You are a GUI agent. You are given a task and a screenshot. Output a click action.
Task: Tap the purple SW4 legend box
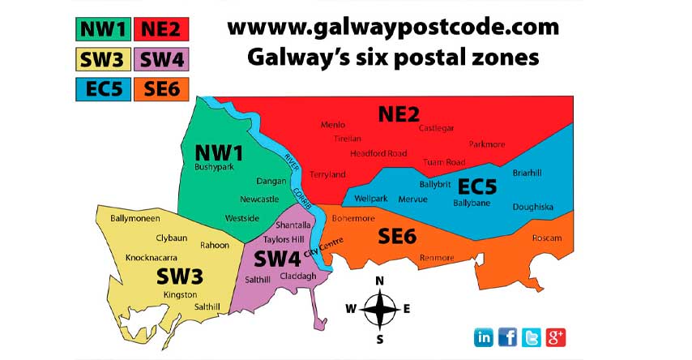coord(161,58)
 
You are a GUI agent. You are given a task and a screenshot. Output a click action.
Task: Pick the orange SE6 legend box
coord(161,88)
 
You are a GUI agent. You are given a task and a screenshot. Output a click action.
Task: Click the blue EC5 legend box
coord(103,88)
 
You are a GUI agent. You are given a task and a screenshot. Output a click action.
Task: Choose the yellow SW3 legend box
coord(103,58)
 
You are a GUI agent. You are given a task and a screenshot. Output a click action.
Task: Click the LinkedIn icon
coord(484,336)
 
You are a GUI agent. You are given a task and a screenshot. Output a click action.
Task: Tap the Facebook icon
coord(508,336)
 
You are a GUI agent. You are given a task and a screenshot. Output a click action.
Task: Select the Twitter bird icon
coord(532,336)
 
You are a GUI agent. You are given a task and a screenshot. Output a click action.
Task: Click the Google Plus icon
coord(555,336)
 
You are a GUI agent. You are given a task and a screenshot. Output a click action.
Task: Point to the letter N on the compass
coord(378,281)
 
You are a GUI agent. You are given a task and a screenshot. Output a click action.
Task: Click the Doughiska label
coord(532,207)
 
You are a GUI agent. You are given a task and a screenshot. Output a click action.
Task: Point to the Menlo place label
coord(332,125)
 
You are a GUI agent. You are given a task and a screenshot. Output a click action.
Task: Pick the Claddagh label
coord(297,276)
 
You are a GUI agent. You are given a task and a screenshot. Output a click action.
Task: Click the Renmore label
coord(438,258)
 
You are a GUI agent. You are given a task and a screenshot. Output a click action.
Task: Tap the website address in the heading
coord(393,27)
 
